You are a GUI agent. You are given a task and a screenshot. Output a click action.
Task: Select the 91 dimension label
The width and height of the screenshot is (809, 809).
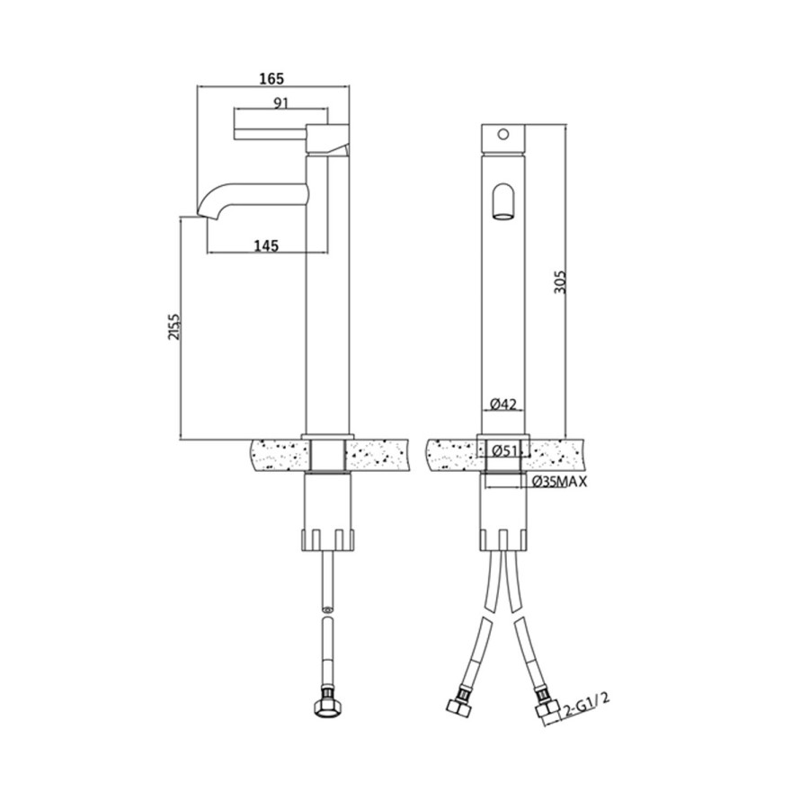280,102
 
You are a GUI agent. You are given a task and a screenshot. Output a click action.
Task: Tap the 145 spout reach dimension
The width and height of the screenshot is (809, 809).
265,244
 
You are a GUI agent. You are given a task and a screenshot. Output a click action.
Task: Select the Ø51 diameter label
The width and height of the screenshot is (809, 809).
505,451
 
